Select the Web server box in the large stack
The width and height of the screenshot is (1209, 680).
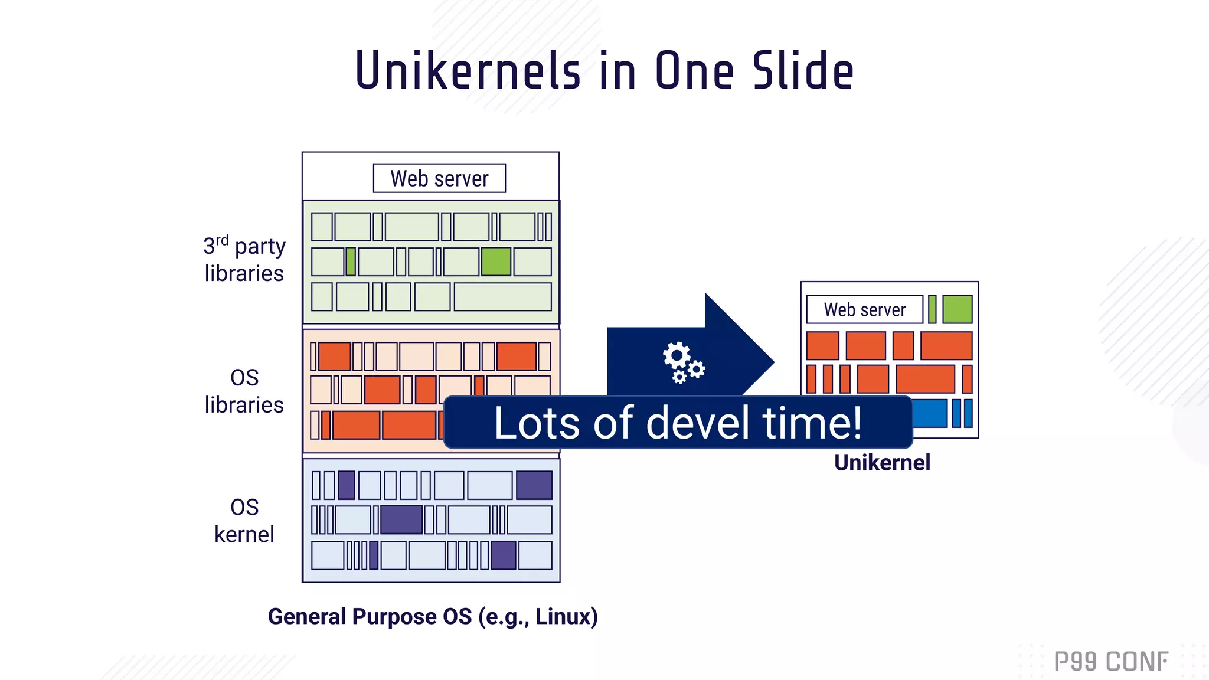pyautogui.click(x=439, y=178)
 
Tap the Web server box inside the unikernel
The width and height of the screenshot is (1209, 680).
pyautogui.click(x=864, y=309)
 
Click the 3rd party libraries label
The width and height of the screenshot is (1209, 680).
pyautogui.click(x=244, y=260)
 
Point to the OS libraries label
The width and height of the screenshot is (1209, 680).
pyautogui.click(x=244, y=391)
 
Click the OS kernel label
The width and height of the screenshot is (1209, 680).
pyautogui.click(x=244, y=521)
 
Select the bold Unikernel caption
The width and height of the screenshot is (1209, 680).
pyautogui.click(x=882, y=462)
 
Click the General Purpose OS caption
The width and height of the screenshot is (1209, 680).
pyautogui.click(x=433, y=616)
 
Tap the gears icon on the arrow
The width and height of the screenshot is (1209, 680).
pyautogui.click(x=682, y=362)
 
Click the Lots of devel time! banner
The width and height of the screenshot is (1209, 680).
pyautogui.click(x=678, y=423)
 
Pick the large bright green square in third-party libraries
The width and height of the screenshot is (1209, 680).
pyautogui.click(x=496, y=261)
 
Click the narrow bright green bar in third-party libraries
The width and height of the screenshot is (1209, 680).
pyautogui.click(x=351, y=261)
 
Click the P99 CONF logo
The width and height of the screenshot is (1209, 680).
pyautogui.click(x=1111, y=661)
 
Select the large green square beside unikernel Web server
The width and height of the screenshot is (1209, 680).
pyautogui.click(x=957, y=309)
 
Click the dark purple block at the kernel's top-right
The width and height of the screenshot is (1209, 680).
pyautogui.click(x=534, y=485)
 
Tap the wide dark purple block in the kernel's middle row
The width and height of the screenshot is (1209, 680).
pyautogui.click(x=401, y=520)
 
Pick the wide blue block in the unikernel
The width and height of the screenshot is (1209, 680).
pyautogui.click(x=929, y=413)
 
